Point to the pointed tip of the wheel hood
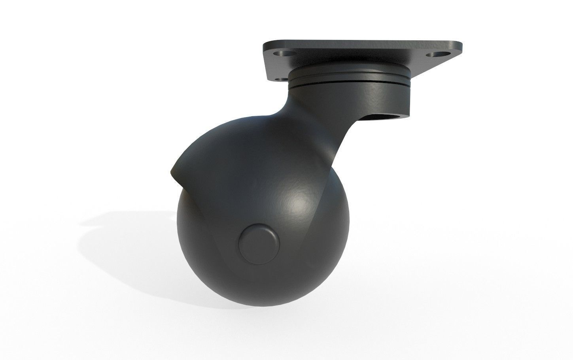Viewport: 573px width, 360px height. point(171,173)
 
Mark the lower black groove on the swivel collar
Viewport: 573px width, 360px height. point(352,84)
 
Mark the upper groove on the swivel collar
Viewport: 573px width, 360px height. point(352,79)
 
